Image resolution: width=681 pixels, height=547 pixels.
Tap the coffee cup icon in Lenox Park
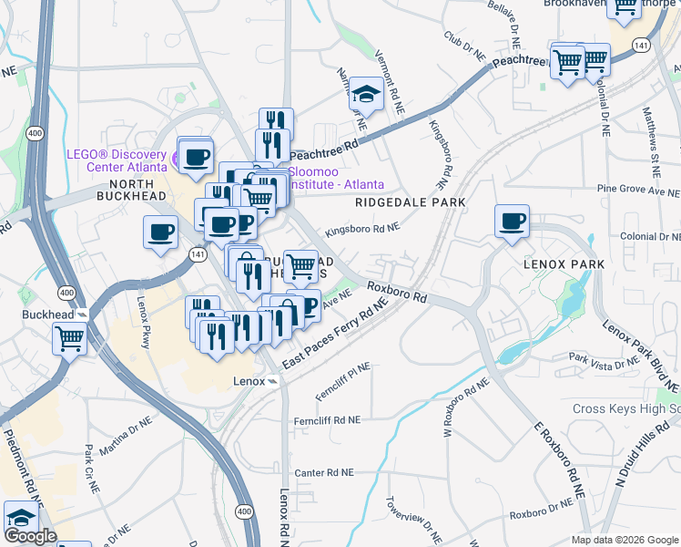click(x=512, y=221)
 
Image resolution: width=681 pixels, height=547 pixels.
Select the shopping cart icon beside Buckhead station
click(x=71, y=339)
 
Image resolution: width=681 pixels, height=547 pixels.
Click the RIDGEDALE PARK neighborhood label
click(x=410, y=202)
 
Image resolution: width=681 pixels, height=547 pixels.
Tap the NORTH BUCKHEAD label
click(x=131, y=196)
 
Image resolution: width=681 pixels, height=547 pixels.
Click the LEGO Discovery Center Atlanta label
click(x=116, y=160)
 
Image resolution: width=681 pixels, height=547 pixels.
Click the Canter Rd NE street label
click(x=323, y=473)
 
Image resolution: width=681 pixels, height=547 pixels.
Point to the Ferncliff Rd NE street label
click(x=328, y=421)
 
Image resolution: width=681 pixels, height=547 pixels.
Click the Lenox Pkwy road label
click(x=143, y=315)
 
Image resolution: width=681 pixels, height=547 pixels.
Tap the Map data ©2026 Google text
click(x=624, y=540)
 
